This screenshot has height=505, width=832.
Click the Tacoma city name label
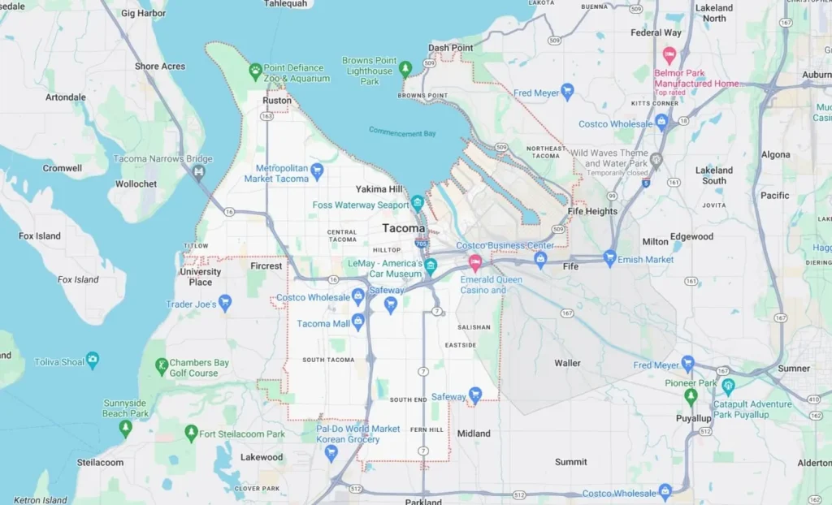[404, 228]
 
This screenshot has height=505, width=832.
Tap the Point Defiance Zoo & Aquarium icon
[255, 70]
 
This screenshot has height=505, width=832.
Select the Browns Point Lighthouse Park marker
[405, 69]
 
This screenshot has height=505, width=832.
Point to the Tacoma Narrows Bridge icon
[199, 172]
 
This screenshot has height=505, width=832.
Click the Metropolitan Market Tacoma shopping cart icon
[317, 171]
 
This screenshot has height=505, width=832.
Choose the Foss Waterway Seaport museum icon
[418, 202]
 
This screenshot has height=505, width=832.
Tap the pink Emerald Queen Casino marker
[475, 262]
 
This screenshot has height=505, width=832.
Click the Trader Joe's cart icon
[225, 303]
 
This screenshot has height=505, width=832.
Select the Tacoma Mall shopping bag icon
[357, 322]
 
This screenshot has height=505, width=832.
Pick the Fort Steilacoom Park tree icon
[191, 432]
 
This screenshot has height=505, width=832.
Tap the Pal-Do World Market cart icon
[331, 452]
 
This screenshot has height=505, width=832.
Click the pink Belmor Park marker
[669, 56]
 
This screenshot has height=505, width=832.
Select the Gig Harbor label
[143, 13]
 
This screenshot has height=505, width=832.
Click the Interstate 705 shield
[420, 243]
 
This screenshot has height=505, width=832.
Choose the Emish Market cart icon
[609, 258]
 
